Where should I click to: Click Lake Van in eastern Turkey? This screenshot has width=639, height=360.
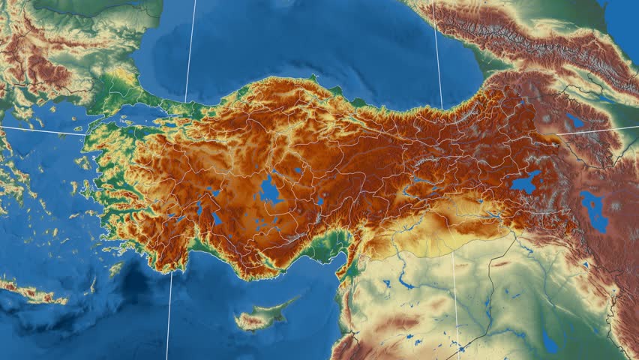(x=525, y=182)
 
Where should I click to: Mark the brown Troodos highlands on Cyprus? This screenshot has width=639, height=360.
(x=250, y=322)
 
